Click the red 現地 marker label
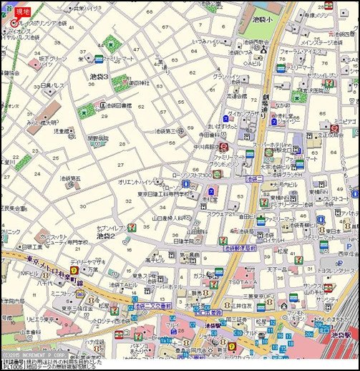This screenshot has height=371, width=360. (23, 12)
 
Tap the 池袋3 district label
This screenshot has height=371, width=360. (98, 76)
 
